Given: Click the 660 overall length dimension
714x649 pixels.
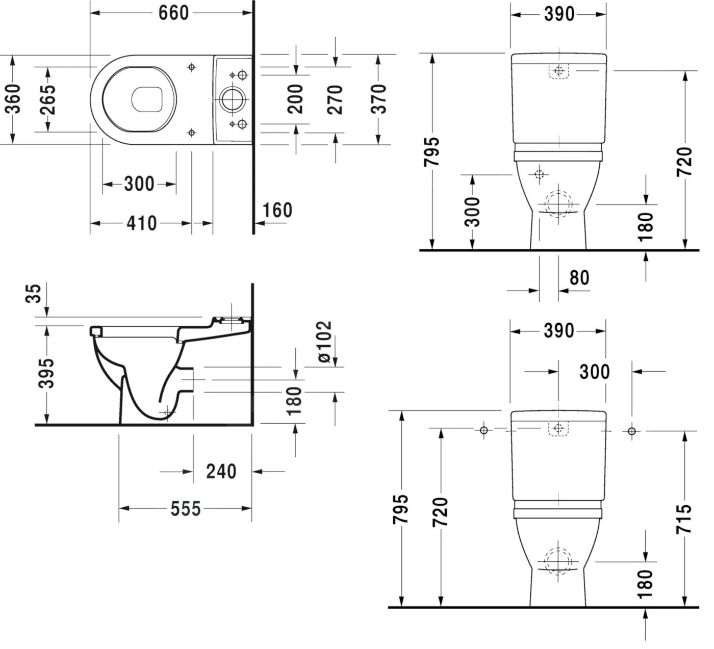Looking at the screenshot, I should [173, 13].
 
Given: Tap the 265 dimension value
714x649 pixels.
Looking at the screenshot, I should [48, 98].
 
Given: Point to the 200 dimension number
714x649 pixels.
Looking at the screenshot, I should [295, 98].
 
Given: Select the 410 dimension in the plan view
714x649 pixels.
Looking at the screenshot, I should [141, 223].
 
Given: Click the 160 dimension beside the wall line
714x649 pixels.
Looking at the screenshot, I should [277, 210].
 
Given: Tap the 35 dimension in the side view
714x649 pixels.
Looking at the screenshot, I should [34, 294].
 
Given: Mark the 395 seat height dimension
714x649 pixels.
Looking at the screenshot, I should [47, 373].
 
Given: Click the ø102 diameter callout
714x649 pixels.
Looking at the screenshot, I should [324, 342].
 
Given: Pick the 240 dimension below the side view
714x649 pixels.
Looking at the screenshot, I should [221, 472].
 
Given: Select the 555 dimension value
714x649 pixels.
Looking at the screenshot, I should [186, 508].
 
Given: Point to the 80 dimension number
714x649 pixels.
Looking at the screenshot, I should [579, 278].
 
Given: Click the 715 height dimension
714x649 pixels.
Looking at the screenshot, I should [684, 518].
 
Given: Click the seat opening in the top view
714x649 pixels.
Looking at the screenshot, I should [147, 99].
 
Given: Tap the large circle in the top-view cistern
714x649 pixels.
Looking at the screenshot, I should [233, 99].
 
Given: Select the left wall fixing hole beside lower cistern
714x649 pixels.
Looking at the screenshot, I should [484, 431].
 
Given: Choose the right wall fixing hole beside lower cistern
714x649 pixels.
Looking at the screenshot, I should [632, 431].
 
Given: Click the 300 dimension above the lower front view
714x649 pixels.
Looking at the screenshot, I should [595, 372].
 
